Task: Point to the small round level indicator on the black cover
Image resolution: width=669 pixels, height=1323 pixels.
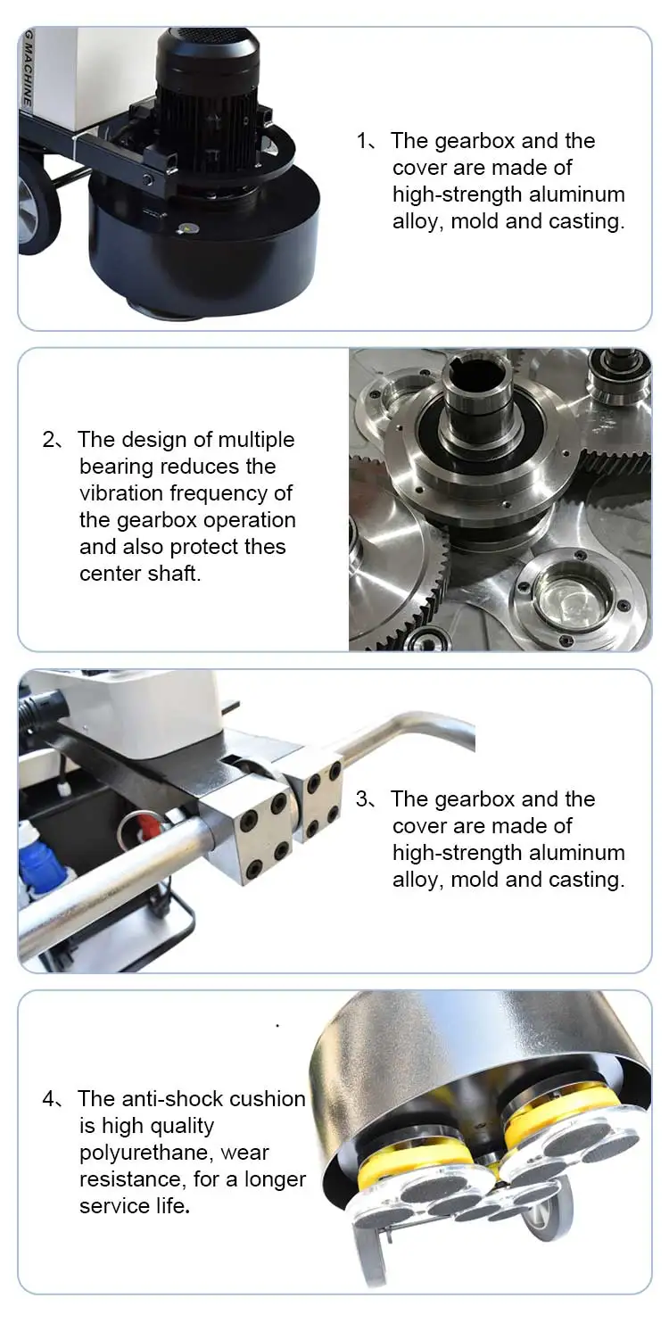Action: pos(186,227)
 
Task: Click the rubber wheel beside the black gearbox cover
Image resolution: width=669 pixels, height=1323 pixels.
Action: pos(37,207)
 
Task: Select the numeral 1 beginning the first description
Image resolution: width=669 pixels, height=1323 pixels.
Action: pos(362,141)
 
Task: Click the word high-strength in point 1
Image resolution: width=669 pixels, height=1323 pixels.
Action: pos(458,194)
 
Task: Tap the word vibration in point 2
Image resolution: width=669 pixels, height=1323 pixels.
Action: pos(121,492)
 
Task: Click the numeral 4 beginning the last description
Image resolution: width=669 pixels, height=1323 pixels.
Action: pos(48,1099)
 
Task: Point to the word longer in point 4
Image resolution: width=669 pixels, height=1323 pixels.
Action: pos(274,1180)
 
